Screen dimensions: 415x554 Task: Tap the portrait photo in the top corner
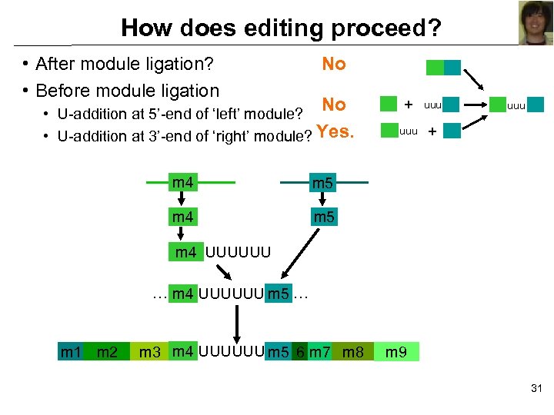pos(537,23)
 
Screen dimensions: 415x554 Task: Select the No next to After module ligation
pos(334,65)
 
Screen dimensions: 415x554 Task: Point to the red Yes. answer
pos(335,132)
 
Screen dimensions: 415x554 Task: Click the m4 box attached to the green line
pos(183,183)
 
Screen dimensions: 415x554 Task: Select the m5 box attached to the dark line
pos(322,184)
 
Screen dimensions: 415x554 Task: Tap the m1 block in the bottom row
pos(71,353)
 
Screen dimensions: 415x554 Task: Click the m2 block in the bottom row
pos(107,353)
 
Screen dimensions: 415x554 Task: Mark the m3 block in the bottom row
pos(149,353)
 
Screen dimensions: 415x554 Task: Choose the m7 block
pos(319,353)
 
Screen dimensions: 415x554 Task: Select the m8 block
pos(352,353)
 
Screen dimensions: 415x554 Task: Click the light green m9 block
pos(396,353)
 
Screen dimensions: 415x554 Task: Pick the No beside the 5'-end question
pos(334,105)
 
